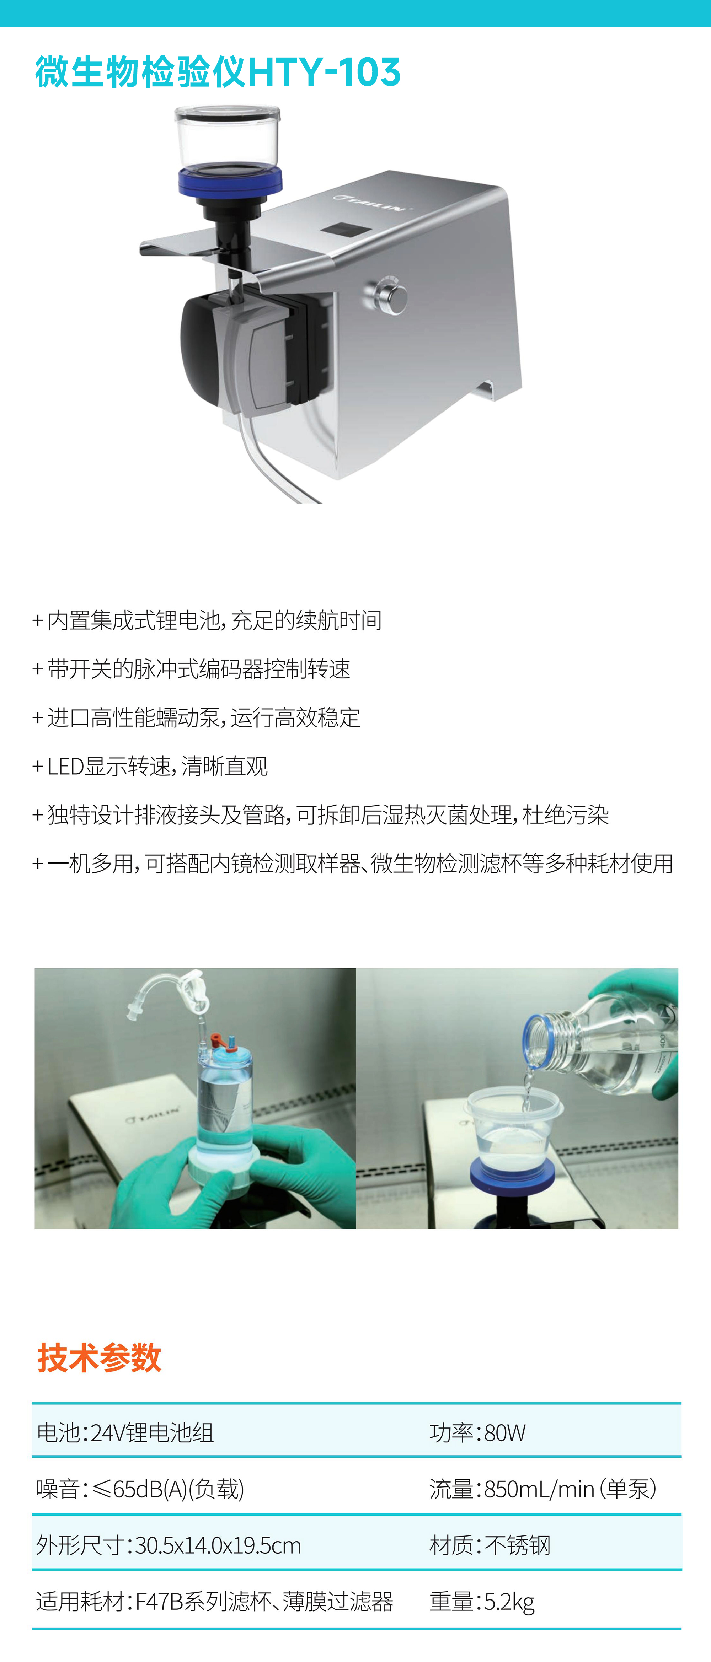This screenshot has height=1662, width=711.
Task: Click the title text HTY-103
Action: [x=324, y=72]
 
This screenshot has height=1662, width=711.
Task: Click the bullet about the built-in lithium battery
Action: [x=207, y=620]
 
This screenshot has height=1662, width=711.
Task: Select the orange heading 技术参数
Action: [x=99, y=1357]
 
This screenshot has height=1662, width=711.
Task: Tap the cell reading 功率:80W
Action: [x=477, y=1432]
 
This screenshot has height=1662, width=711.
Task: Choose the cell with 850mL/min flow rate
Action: [x=542, y=1489]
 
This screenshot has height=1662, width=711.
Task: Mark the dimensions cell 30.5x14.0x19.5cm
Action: [x=169, y=1545]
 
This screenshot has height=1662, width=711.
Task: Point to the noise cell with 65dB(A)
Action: [x=140, y=1489]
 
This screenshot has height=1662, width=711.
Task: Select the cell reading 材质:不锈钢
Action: [x=490, y=1545]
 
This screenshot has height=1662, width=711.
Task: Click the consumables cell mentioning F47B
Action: [x=214, y=1601]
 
